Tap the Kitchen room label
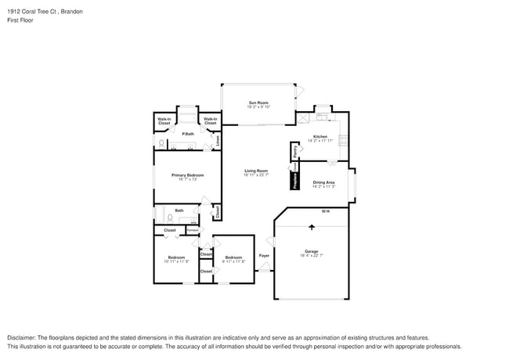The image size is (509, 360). (x=320, y=137)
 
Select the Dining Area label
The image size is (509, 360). (x=324, y=182)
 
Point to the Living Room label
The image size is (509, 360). (x=256, y=171)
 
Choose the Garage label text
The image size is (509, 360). (x=312, y=250)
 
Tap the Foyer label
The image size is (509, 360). (x=264, y=255)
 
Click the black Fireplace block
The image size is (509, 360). (x=295, y=181)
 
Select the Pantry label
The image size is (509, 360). (x=295, y=151)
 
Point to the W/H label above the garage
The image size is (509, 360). (x=325, y=211)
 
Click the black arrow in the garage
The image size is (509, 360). (x=312, y=227)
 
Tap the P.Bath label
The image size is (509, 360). (x=188, y=134)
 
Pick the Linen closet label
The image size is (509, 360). (x=217, y=140)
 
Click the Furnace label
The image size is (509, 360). (x=192, y=230)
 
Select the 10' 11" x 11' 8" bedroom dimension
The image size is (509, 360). (x=176, y=261)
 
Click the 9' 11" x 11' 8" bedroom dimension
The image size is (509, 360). (x=233, y=261)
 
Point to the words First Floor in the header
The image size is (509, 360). (x=21, y=20)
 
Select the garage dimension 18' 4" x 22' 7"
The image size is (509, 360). (x=312, y=255)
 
